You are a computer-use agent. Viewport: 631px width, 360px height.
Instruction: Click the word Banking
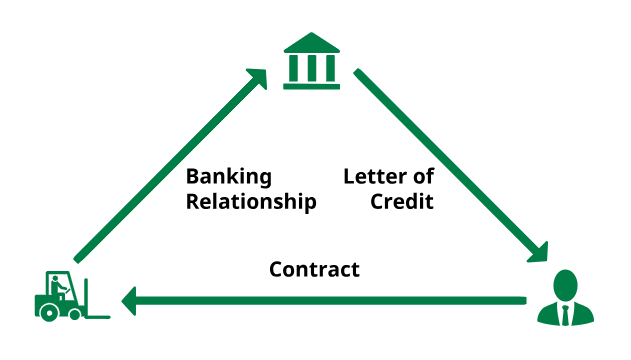229,177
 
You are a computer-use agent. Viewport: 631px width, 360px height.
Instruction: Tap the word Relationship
251,202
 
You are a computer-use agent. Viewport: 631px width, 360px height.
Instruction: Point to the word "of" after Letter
424,177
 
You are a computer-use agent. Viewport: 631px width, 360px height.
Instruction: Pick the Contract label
314,270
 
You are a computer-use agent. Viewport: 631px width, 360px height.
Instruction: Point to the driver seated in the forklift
60,288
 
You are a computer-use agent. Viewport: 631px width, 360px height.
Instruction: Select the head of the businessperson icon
567,283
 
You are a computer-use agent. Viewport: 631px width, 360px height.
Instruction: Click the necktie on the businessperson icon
567,314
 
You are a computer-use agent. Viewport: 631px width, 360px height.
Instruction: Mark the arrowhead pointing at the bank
258,78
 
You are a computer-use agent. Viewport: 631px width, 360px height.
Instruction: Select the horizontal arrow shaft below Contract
330,300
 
